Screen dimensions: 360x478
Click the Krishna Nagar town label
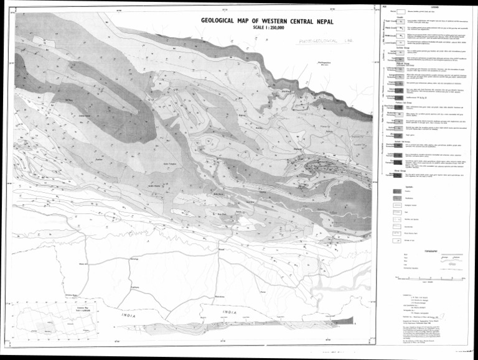[x=73, y=295]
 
